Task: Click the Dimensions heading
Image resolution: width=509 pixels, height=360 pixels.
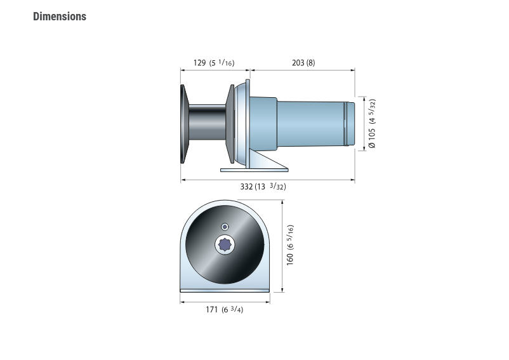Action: (60, 17)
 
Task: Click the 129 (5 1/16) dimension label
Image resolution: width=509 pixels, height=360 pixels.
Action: (214, 63)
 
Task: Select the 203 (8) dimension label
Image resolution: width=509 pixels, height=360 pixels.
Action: (303, 63)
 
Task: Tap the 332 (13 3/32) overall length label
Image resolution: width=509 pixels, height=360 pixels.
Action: (263, 186)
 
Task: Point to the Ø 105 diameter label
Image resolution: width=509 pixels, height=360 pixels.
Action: (372, 123)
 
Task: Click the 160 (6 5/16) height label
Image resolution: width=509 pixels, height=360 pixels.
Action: (290, 245)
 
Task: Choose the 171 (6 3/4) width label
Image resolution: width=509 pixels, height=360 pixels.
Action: (224, 309)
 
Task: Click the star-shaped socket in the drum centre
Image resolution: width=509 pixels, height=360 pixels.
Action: (225, 244)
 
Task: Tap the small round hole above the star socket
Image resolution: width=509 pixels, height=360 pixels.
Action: (225, 227)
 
